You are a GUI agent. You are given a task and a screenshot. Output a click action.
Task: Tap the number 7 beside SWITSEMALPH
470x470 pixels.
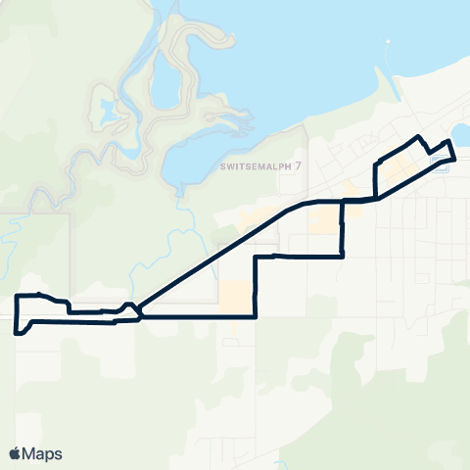click(299, 164)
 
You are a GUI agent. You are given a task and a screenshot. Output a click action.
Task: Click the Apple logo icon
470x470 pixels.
click(16, 453)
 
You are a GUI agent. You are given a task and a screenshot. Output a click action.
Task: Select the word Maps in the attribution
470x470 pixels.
click(44, 453)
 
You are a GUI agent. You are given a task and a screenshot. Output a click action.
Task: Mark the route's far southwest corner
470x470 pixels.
click(17, 333)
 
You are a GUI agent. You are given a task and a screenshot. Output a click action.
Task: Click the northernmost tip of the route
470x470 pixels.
click(419, 135)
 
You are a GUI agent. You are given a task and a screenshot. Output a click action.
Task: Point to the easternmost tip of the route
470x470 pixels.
click(456, 158)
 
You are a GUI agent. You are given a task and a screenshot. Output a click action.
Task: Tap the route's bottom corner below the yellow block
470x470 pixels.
click(256, 316)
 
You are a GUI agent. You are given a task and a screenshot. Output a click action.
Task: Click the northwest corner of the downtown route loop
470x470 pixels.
click(377, 160)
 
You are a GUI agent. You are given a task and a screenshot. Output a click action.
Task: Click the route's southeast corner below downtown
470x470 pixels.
click(342, 257)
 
